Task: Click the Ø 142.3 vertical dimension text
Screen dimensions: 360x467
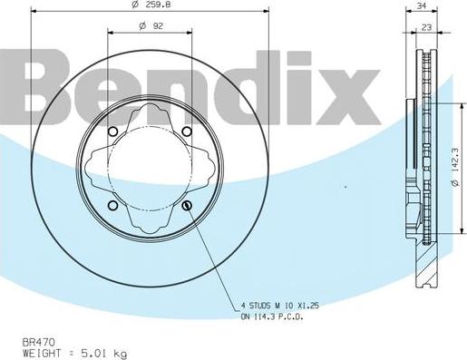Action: point(453,169)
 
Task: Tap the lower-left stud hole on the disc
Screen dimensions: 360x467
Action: point(112,207)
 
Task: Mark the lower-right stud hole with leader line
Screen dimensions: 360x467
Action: point(187,207)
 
